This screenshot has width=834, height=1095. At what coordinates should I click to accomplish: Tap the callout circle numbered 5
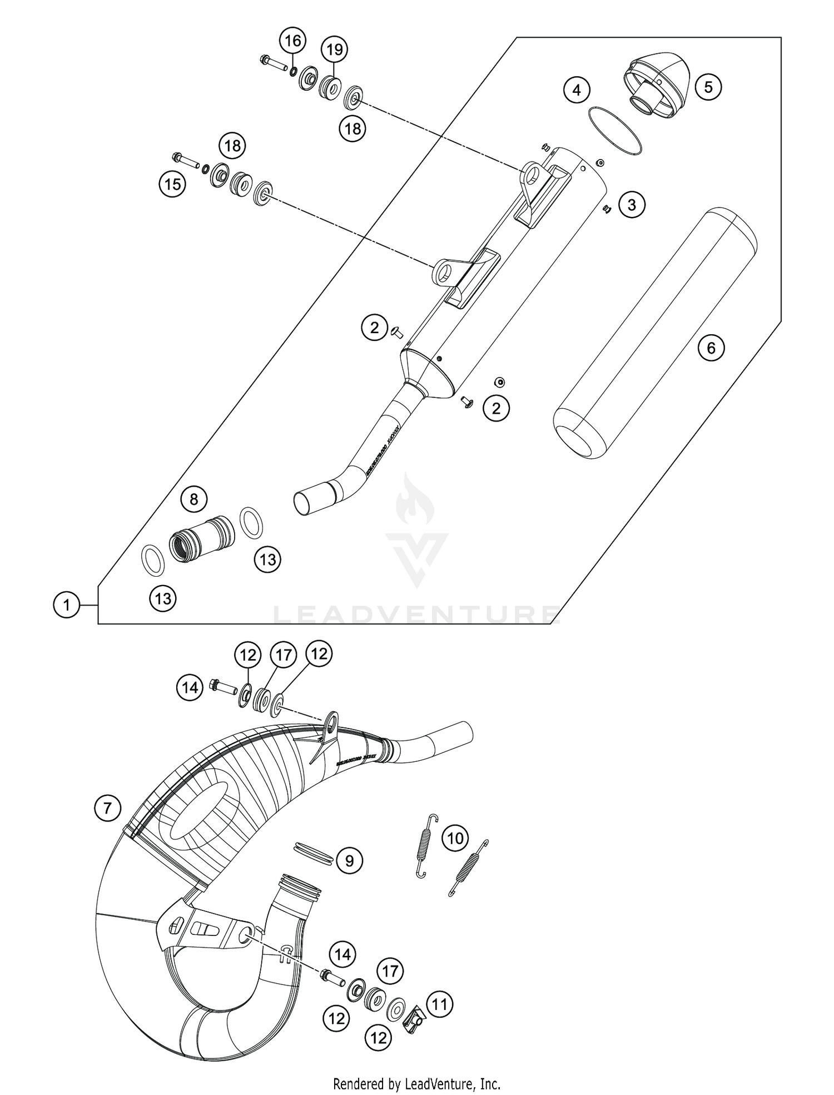(708, 87)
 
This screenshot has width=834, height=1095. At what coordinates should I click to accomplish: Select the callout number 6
(711, 348)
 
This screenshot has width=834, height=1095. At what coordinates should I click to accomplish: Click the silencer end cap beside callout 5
(656, 85)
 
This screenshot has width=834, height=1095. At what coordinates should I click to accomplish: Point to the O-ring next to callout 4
(615, 130)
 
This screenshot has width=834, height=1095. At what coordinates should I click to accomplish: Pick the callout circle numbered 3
(631, 205)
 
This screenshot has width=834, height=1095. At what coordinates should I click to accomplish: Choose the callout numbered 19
(334, 50)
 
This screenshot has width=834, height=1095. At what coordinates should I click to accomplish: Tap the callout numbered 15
(173, 184)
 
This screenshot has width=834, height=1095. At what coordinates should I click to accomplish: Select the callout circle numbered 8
(193, 499)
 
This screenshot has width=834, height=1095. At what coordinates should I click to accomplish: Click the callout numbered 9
(349, 861)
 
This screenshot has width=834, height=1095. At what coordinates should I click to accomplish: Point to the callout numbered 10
(455, 838)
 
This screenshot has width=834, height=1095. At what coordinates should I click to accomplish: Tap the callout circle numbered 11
(439, 1004)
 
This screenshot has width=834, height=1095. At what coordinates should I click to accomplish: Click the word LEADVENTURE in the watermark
(416, 615)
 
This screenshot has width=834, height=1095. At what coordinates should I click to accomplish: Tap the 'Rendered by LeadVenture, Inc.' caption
(416, 1083)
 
